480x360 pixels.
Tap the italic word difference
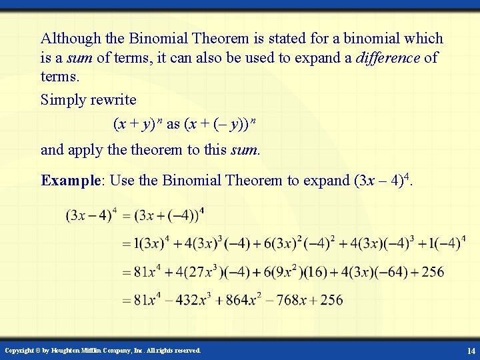387,57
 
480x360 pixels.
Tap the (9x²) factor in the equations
288,272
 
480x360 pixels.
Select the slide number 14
471,351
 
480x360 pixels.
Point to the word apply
87,149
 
